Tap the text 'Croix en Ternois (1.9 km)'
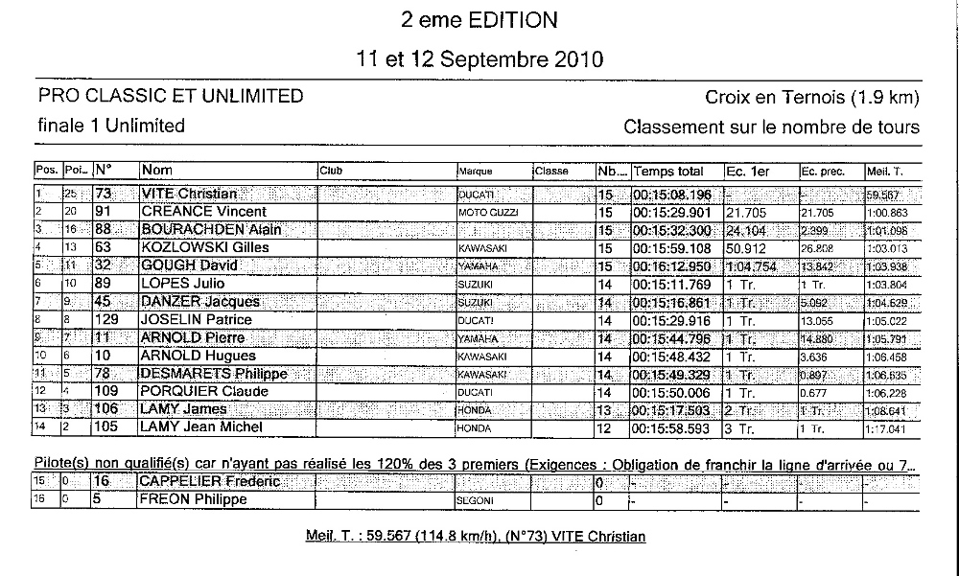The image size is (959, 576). click(812, 97)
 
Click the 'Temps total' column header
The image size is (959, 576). click(668, 172)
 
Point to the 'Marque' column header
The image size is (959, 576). click(476, 173)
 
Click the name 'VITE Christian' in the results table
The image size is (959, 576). click(189, 194)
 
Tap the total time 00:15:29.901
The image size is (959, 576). click(673, 212)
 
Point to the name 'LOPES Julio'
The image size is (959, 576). click(181, 284)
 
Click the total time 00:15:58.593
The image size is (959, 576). click(673, 427)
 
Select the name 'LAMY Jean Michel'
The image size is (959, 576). click(201, 427)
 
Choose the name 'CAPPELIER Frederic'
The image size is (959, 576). click(210, 481)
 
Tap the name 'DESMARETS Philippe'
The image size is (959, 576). click(214, 374)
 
